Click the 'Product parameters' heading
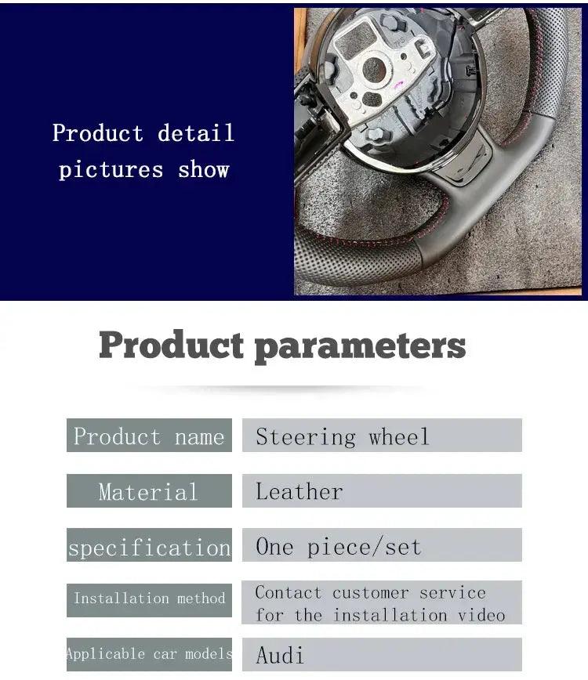coord(282,345)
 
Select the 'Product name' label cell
coord(149,435)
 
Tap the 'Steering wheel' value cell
coord(382,435)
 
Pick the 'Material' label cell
coord(149,490)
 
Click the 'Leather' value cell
coord(382,490)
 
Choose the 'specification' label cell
coord(149,544)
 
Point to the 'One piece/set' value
coord(339,547)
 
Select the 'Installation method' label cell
coord(149,600)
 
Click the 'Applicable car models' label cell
coord(149,654)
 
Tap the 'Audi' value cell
coord(382,654)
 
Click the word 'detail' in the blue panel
coord(196,132)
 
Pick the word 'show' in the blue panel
coord(204,169)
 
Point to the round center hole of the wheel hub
coord(374,70)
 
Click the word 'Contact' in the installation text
coord(289,592)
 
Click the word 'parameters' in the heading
coord(360,347)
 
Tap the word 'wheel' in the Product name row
coord(399,436)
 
